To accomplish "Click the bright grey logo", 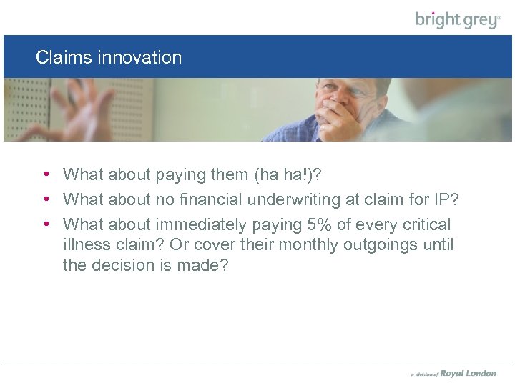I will (x=458, y=19).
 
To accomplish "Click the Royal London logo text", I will (x=469, y=373).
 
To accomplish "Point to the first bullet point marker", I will (x=45, y=174).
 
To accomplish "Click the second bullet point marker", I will (x=45, y=199).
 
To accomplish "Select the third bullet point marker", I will (x=45, y=224).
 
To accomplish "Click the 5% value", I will (x=319, y=224).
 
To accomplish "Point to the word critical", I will (x=426, y=224).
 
